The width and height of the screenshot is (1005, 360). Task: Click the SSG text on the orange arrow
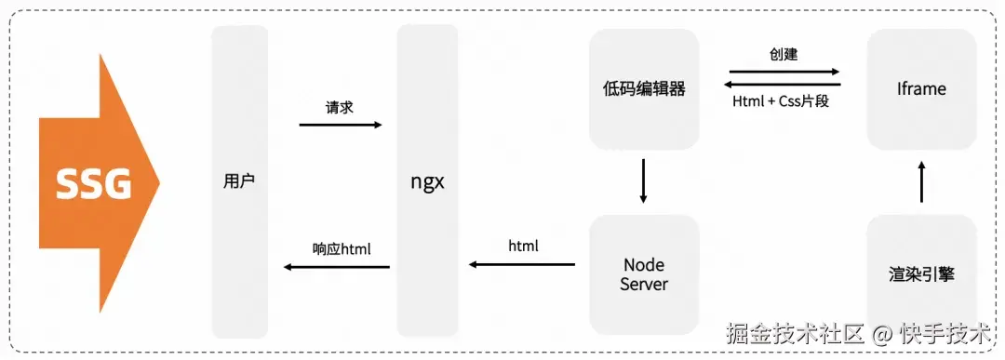pos(94,185)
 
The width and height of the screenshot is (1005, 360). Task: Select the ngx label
pos(428,181)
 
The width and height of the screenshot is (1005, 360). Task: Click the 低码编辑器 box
pos(644,89)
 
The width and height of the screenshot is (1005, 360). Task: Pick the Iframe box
pos(921,89)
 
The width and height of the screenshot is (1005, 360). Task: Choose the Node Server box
pos(644,274)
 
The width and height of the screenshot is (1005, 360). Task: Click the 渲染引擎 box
pos(921,274)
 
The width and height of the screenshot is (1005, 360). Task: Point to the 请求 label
pos(340,107)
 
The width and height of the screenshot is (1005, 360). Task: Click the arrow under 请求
pos(341,125)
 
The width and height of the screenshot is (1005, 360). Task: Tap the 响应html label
pos(342,249)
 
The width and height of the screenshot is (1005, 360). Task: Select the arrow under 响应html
pos(337,268)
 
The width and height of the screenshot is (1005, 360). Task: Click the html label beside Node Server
pos(523,247)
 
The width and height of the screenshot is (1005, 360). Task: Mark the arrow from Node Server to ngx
pos(521,265)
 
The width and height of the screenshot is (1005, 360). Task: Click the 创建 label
pos(783,54)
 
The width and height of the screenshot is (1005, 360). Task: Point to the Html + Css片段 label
pos(781,101)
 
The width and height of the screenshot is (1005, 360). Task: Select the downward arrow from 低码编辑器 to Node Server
pos(643,182)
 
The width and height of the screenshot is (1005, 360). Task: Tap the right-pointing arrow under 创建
pos(784,71)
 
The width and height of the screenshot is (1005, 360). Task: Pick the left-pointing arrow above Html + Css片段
pos(783,84)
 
